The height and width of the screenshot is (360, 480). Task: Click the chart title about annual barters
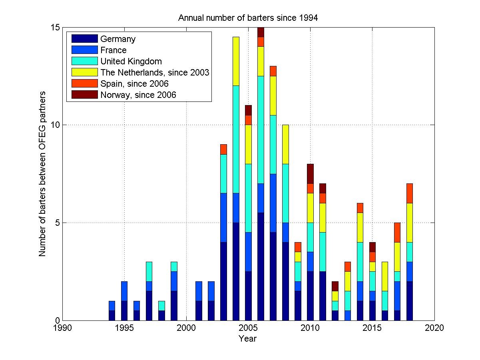click(248, 18)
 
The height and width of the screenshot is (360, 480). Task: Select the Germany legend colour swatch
click(84, 39)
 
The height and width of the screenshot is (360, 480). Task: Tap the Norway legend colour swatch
click(84, 95)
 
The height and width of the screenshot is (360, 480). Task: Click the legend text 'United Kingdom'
click(131, 61)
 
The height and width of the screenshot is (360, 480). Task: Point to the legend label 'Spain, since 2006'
click(135, 84)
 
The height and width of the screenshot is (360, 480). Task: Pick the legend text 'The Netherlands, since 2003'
click(155, 72)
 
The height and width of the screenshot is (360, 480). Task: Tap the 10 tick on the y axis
click(54, 125)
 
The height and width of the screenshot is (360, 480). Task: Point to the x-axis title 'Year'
click(248, 339)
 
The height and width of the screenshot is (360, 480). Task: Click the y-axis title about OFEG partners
click(42, 174)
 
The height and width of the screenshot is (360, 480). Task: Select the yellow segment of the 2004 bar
click(236, 61)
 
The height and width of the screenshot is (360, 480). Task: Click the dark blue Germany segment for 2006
click(261, 267)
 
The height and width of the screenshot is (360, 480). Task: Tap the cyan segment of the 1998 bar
click(161, 306)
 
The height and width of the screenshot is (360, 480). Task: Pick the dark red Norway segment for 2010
click(310, 174)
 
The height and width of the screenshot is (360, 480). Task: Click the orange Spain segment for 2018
click(409, 193)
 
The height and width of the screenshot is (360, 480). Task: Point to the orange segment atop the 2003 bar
click(223, 149)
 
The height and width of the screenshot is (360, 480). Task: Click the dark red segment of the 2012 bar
click(335, 286)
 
